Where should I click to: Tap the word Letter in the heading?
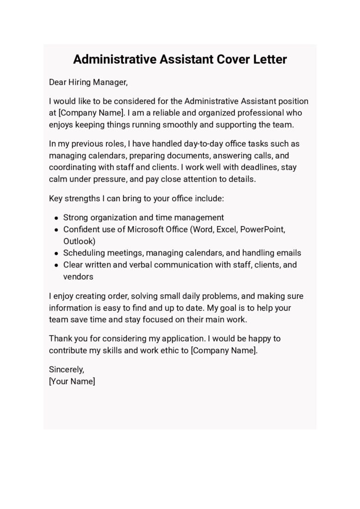(269, 60)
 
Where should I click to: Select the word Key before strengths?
(56, 198)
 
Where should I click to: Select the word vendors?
(78, 276)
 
